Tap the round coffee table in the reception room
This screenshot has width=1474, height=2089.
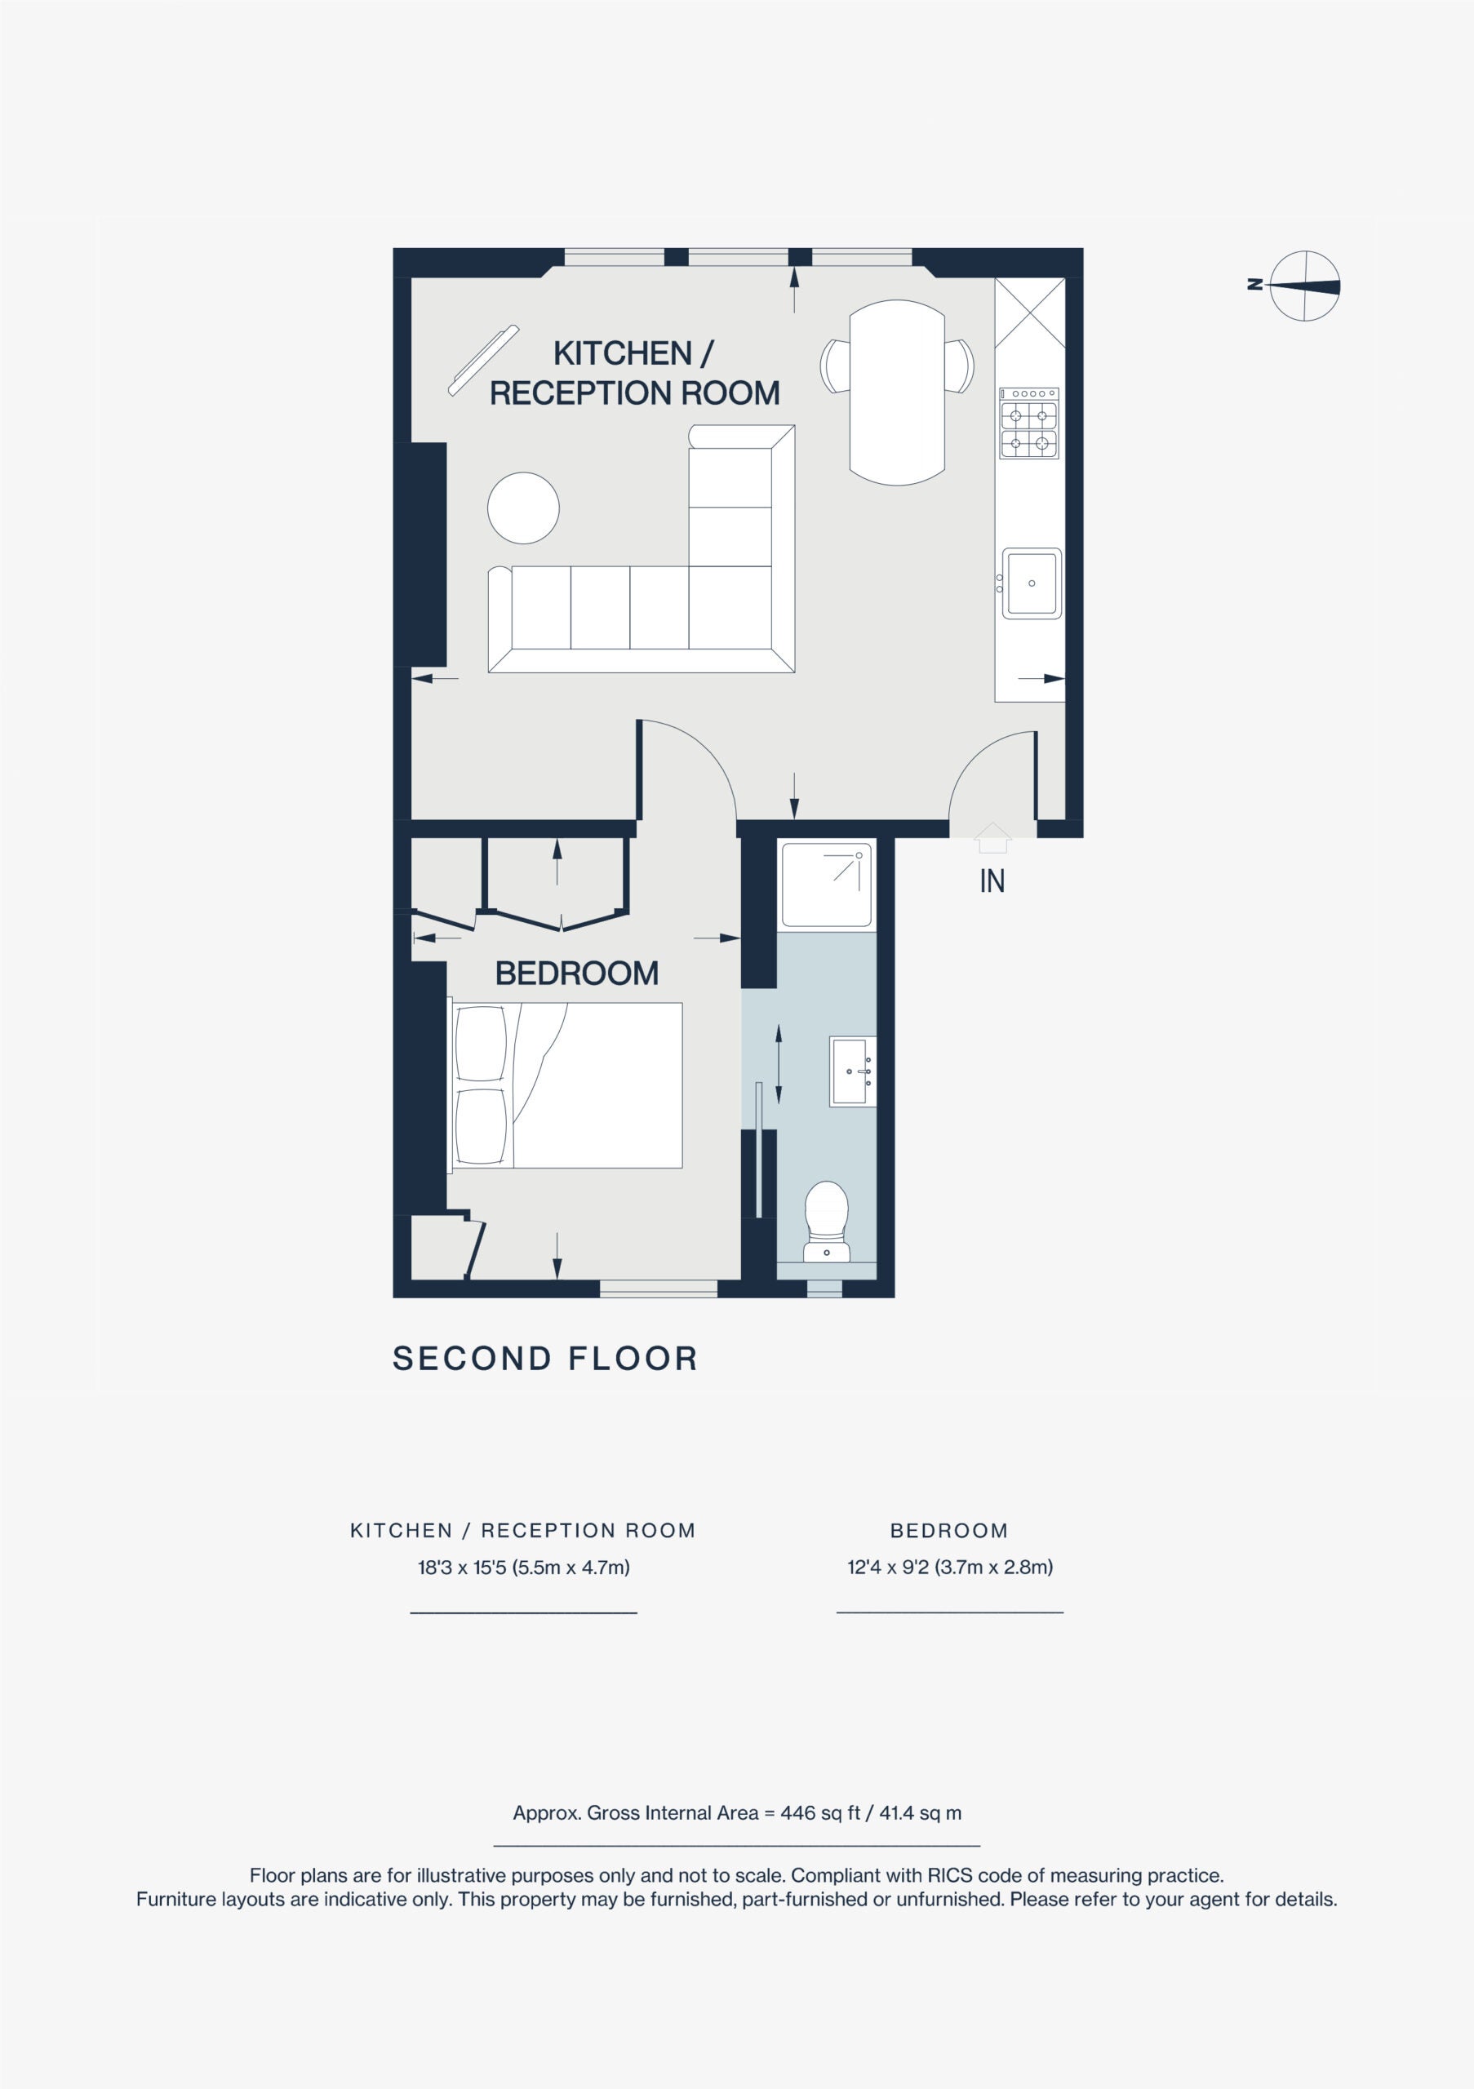tap(523, 508)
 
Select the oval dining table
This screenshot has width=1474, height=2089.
tap(897, 393)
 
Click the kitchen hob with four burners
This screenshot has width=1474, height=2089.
tap(1030, 423)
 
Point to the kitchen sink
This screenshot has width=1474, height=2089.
tap(1031, 583)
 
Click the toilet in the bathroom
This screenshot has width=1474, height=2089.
tap(826, 1222)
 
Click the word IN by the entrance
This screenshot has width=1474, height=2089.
tap(992, 880)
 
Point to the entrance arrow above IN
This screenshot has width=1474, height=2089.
tap(992, 837)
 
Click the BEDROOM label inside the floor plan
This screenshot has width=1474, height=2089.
tap(577, 974)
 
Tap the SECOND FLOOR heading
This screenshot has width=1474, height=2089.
tap(545, 1359)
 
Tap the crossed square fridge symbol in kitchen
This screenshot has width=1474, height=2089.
tap(1030, 313)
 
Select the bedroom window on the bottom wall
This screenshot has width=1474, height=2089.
tap(659, 1288)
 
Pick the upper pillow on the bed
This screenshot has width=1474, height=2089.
tap(481, 1044)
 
